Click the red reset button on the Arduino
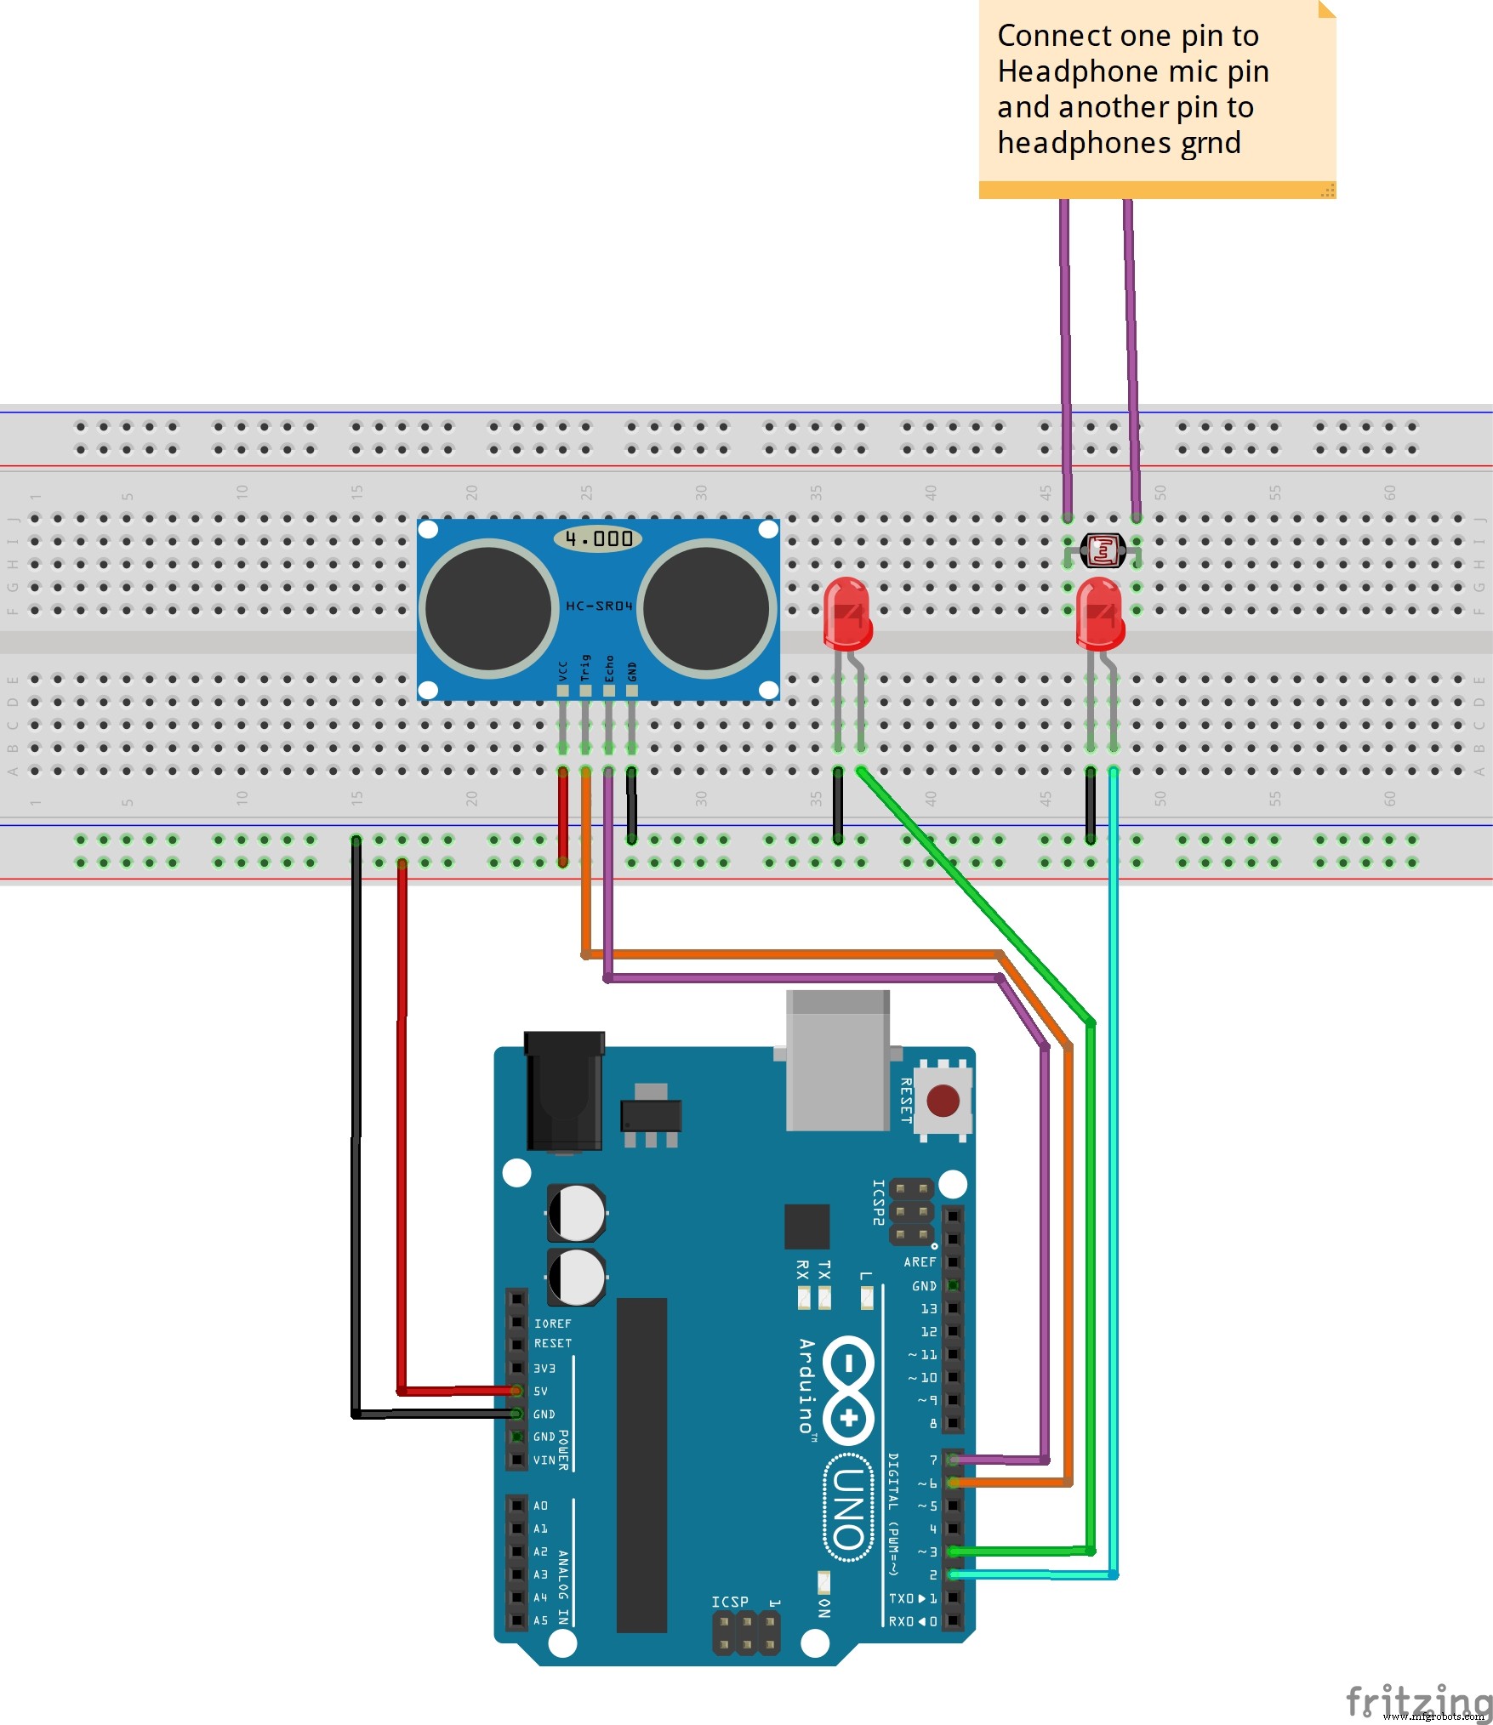point(943,1101)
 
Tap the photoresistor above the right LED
point(1103,551)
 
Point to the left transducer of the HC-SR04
point(488,608)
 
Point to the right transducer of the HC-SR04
point(707,608)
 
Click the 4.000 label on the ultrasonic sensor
point(599,538)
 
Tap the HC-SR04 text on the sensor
point(599,606)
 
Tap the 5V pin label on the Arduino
point(541,1392)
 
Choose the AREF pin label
point(919,1262)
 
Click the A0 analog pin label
point(541,1506)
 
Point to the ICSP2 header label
point(879,1202)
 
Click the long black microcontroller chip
point(641,1465)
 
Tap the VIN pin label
point(544,1460)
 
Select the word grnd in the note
point(1211,143)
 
